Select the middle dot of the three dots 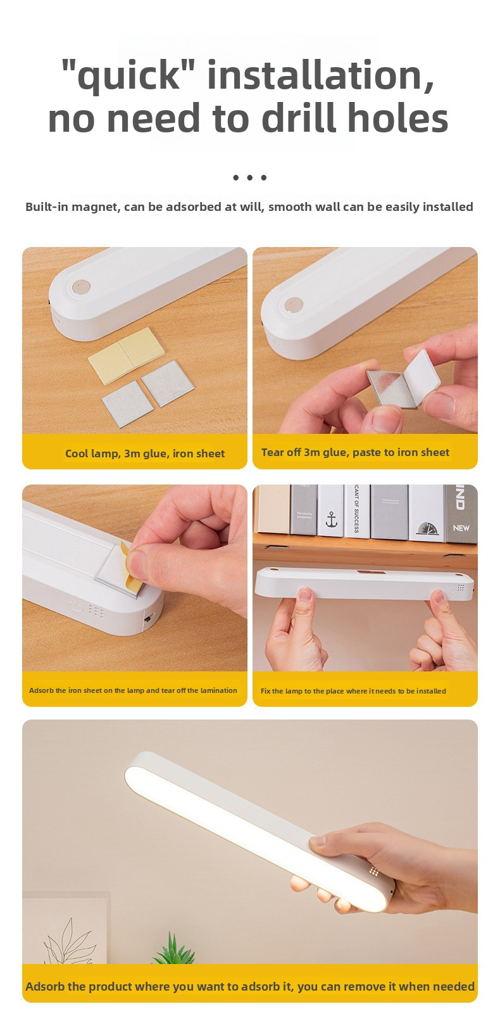click(x=249, y=177)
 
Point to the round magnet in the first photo click(x=81, y=288)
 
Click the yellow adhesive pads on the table click(x=127, y=356)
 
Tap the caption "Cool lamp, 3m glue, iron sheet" click(x=145, y=454)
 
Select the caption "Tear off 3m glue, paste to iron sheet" click(x=355, y=452)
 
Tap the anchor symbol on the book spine click(x=331, y=520)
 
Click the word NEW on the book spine click(x=461, y=528)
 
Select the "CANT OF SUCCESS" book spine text click(x=356, y=509)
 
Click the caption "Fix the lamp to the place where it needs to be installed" click(x=353, y=690)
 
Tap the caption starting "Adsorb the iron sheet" click(x=133, y=690)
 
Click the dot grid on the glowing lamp click(x=374, y=871)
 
